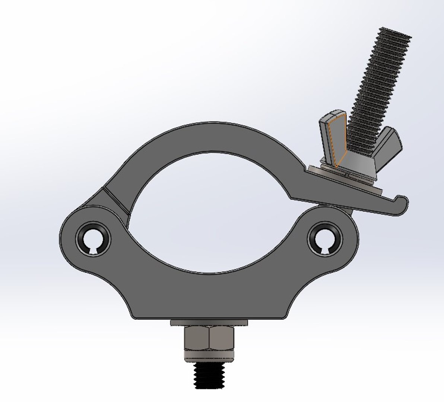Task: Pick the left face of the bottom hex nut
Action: tap(196, 339)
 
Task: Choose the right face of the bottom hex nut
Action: tap(222, 339)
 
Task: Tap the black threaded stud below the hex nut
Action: tap(209, 376)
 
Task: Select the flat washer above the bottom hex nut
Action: tap(209, 322)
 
